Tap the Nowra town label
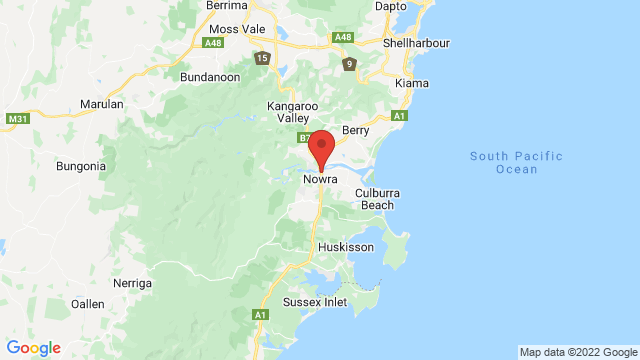point(321,181)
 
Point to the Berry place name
point(356,130)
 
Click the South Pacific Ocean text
point(516,162)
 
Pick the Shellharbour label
point(417,44)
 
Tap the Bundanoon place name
point(211,77)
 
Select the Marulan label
point(103,104)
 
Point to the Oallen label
point(87,303)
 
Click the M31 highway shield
point(18,119)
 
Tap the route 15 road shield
point(262,57)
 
